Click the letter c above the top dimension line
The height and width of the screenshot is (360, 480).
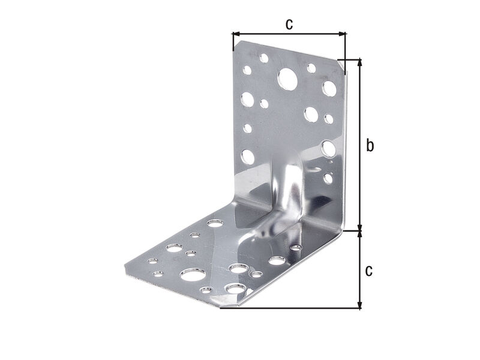click(289, 24)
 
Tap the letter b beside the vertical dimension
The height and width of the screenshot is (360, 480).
click(370, 145)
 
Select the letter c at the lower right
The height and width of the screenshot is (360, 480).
click(369, 271)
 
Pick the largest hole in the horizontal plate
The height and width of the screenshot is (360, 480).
click(193, 275)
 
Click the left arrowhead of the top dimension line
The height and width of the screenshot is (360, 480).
click(236, 34)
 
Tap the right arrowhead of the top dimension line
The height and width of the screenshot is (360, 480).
click(342, 34)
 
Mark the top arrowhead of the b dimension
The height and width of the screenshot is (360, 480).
click(360, 62)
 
